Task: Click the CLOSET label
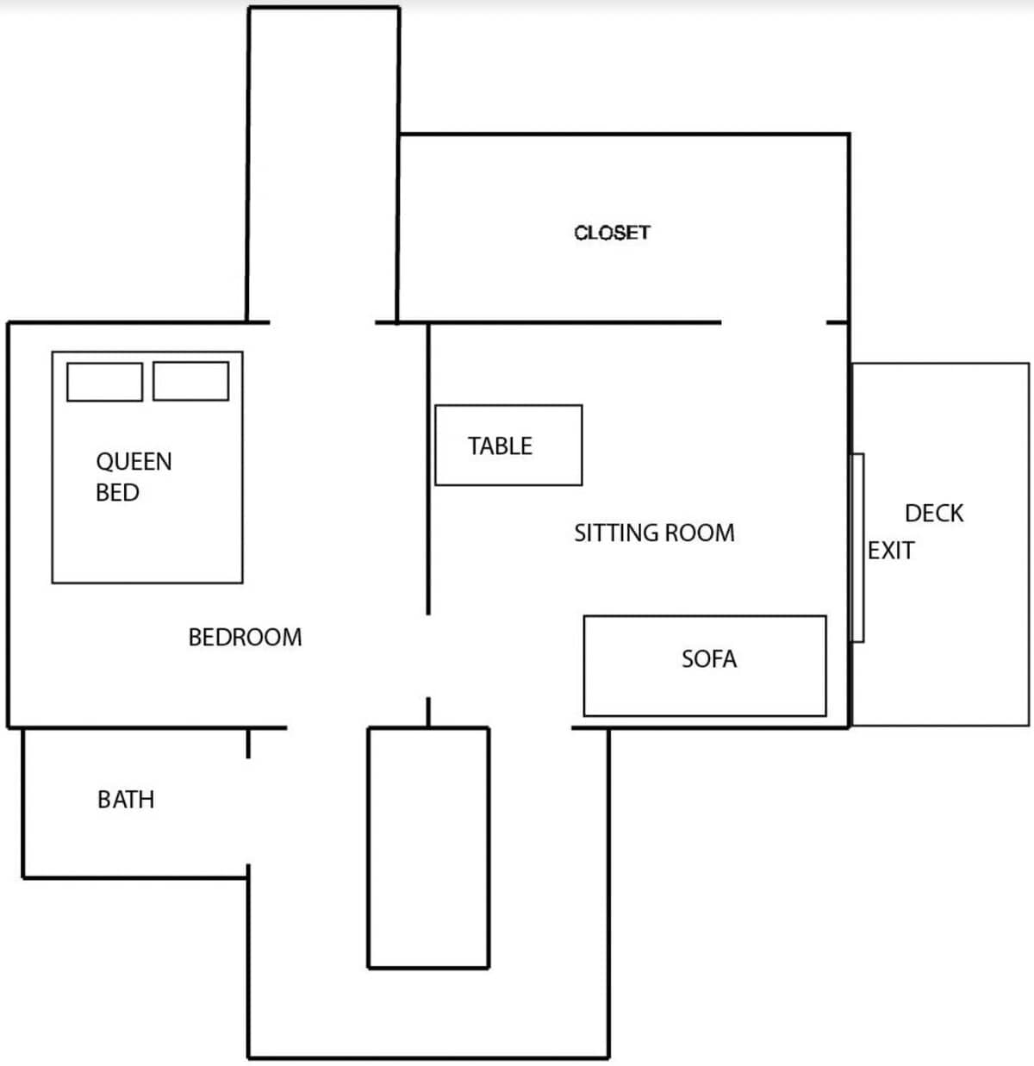tap(612, 233)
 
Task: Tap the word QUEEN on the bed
tap(134, 461)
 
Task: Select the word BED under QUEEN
tap(117, 492)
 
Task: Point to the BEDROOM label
tap(245, 637)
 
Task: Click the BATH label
tap(126, 800)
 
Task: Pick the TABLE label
tap(500, 446)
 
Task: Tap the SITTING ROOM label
tap(654, 533)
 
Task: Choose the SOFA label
tap(708, 659)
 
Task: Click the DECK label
tap(934, 514)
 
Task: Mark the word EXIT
tap(891, 550)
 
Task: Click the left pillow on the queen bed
tap(104, 381)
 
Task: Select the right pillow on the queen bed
tap(190, 381)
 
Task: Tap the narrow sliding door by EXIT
tap(857, 548)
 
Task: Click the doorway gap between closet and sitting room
tap(773, 322)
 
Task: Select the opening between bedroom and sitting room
tap(428, 656)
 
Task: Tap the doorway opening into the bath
tap(248, 812)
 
